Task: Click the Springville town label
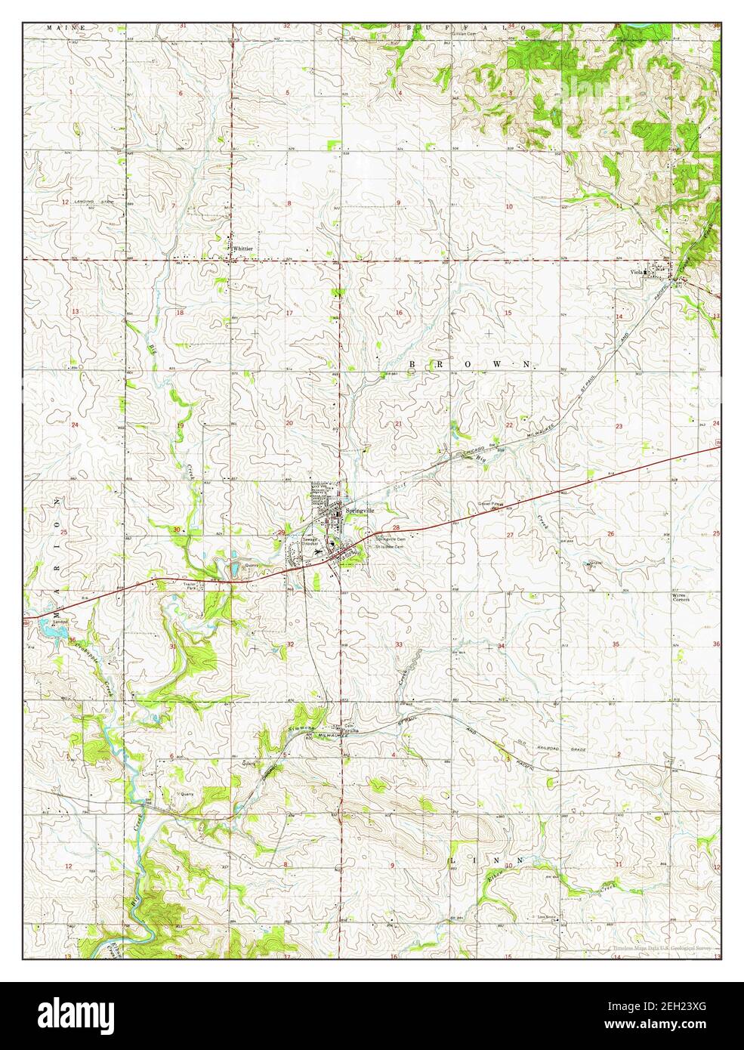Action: click(360, 511)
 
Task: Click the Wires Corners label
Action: click(682, 598)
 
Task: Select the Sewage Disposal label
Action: click(292, 542)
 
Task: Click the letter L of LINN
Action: click(454, 861)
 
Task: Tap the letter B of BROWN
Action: click(412, 364)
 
